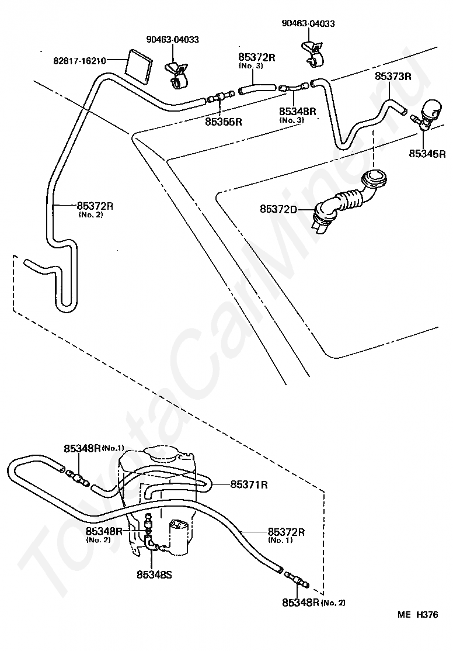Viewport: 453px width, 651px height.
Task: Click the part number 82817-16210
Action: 79,61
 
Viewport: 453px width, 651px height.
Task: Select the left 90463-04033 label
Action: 173,39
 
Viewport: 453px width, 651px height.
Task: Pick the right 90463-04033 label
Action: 308,23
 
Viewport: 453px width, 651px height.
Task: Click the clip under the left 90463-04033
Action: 177,74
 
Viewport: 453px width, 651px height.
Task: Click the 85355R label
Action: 224,122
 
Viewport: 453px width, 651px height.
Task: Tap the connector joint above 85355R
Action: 220,98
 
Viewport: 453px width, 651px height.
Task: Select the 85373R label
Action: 393,76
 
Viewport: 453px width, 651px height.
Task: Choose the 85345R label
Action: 427,154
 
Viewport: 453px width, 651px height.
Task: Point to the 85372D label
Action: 279,209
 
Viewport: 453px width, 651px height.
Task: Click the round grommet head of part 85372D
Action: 375,179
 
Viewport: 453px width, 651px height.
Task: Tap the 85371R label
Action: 249,484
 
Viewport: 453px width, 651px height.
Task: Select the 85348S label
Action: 154,574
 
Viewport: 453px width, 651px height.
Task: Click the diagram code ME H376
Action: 417,614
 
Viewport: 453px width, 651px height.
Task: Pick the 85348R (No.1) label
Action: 94,448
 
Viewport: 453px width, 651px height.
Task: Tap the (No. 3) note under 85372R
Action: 251,66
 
